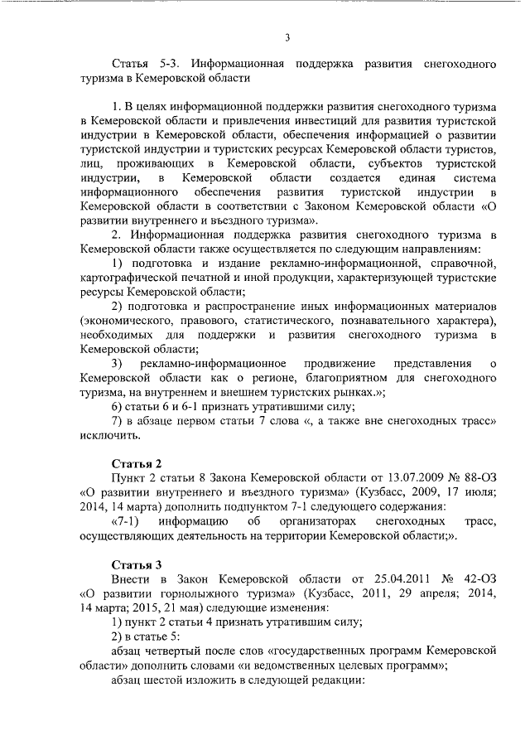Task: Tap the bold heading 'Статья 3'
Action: pos(137,564)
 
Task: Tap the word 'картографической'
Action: pos(130,278)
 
